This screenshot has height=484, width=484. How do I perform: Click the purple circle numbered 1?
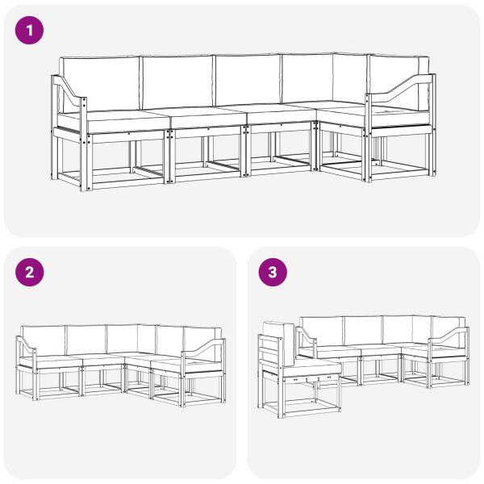[29, 31]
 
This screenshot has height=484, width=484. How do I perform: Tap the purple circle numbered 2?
[29, 273]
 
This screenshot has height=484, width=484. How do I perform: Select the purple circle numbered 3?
[273, 273]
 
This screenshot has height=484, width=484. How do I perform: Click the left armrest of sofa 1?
[69, 93]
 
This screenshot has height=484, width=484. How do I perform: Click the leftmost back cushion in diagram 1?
[99, 84]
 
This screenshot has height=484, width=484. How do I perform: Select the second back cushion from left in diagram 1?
[177, 81]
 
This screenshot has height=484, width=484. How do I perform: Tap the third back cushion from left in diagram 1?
[248, 80]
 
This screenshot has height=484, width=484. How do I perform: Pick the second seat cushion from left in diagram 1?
[207, 117]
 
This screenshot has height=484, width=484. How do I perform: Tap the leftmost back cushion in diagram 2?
[44, 340]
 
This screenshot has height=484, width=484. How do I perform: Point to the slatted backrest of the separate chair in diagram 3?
[271, 350]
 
